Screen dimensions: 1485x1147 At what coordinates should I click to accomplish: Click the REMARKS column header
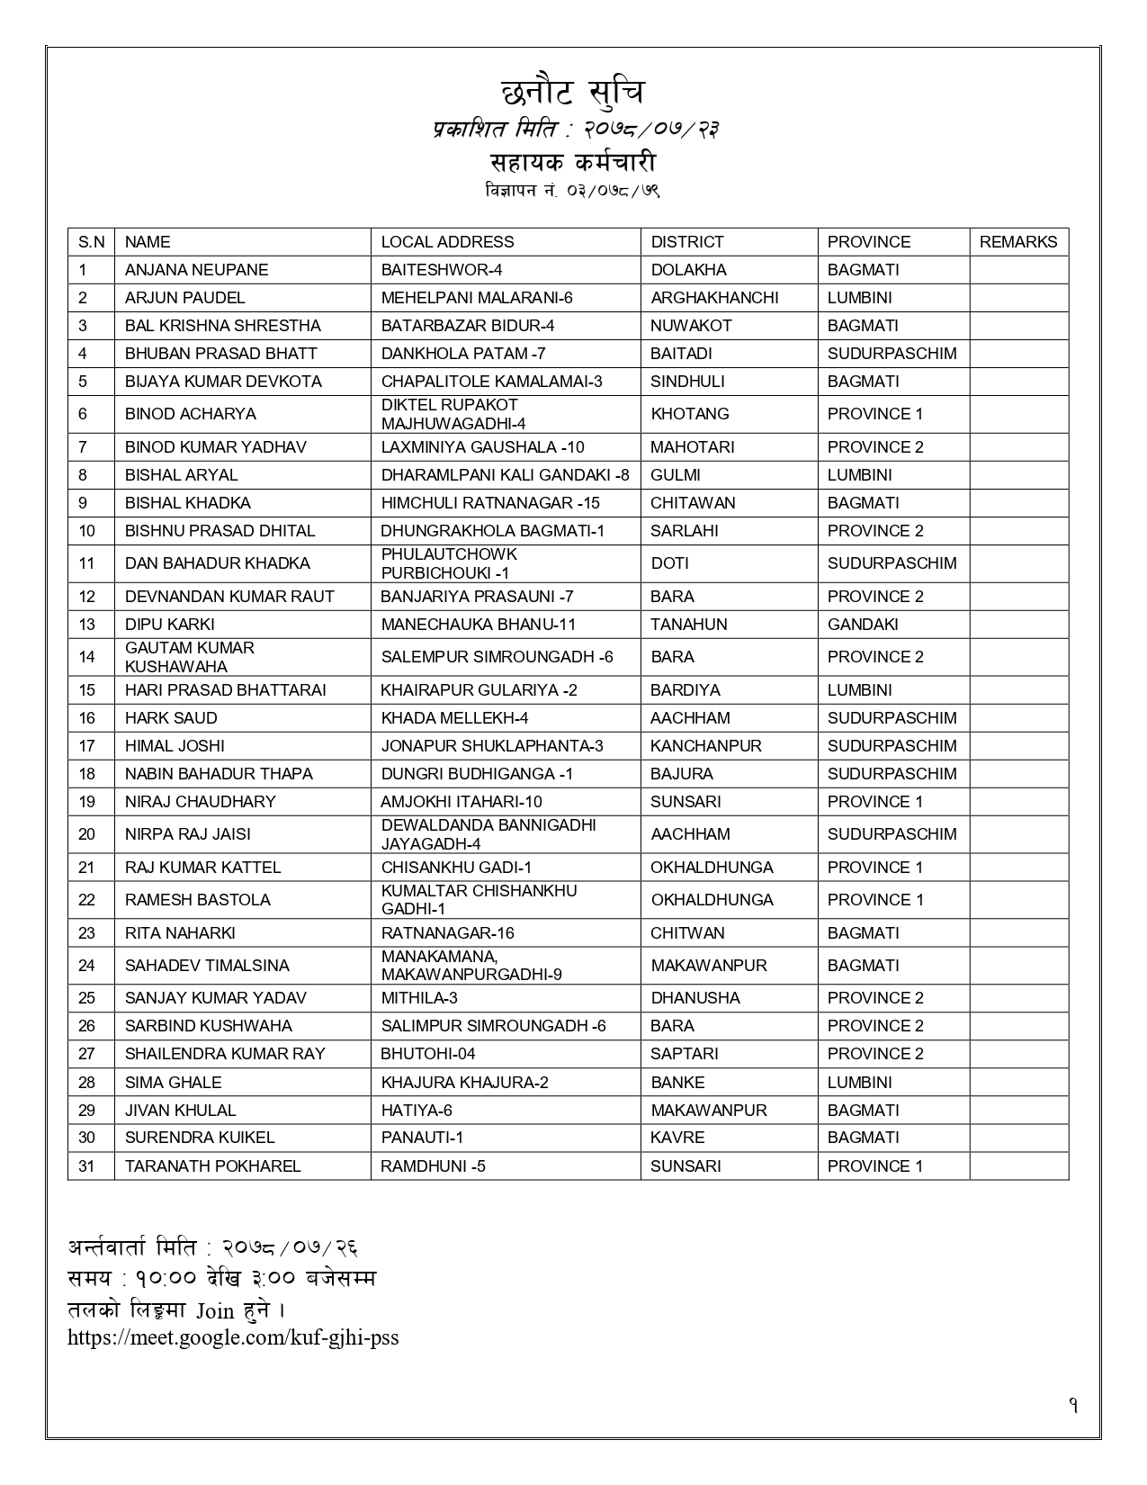1017,242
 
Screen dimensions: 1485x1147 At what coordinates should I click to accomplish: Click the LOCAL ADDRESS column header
447,242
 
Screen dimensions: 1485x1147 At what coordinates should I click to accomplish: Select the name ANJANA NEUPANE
196,270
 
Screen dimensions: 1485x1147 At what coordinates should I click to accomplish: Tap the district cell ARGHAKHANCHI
714,298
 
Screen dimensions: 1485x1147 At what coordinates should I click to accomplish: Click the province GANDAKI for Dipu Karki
862,625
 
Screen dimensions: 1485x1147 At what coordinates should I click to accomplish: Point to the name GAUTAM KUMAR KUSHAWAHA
190,657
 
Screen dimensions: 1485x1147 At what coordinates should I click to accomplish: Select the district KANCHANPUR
705,746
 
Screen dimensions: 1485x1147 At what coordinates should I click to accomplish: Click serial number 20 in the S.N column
86,834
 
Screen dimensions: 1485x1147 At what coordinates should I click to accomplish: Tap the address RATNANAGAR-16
447,933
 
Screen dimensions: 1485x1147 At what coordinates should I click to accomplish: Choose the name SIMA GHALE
173,1083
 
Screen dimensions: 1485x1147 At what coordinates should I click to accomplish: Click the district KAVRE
677,1138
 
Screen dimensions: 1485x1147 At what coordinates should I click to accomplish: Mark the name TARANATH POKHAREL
212,1166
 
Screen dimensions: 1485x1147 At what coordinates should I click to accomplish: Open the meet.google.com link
233,1337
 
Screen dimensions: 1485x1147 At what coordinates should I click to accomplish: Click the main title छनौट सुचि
572,93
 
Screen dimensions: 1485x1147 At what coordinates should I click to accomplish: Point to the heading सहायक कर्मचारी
572,163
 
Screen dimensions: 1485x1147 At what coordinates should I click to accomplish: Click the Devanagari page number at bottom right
1073,1406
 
